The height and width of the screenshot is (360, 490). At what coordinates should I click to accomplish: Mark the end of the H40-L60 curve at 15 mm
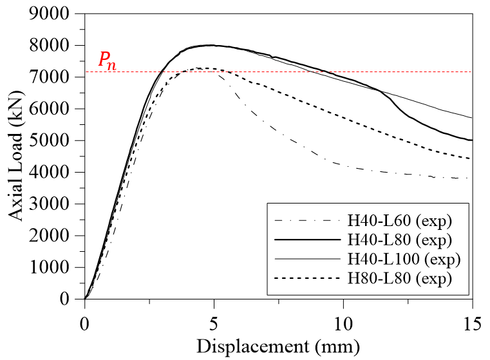pos(472,178)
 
